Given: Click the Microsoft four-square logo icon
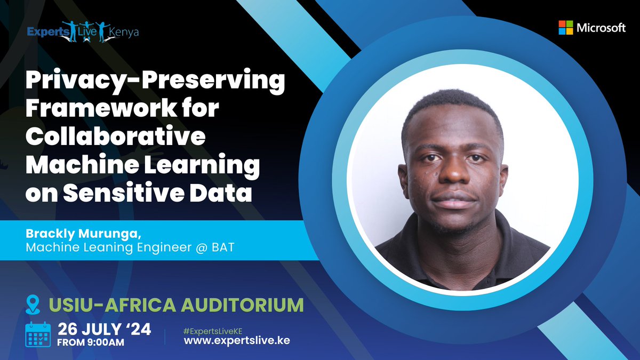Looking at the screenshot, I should [x=566, y=28].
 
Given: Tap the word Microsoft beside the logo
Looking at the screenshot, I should [x=601, y=28].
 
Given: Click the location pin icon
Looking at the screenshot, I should [x=33, y=305].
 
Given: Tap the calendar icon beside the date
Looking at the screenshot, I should [x=38, y=334].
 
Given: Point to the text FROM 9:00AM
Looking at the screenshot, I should [x=91, y=343].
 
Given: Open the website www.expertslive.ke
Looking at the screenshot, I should [x=237, y=341].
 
